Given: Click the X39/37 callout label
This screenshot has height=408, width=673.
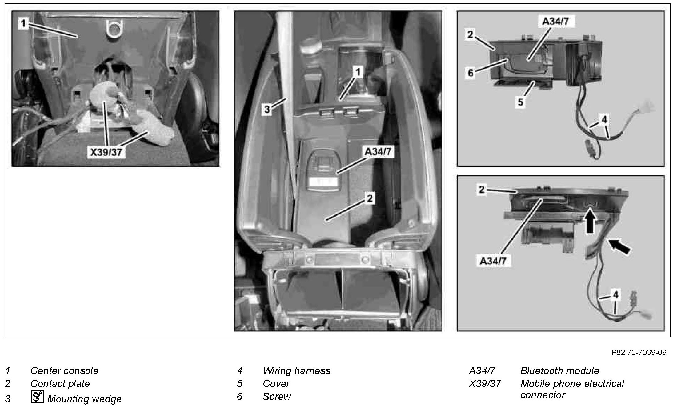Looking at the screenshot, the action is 106,152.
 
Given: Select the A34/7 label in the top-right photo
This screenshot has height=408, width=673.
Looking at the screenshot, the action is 556,22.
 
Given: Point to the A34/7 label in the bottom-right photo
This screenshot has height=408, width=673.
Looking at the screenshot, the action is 493,261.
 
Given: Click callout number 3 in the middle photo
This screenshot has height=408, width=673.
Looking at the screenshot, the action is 267,109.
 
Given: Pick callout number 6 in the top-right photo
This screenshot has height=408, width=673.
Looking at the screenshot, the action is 471,74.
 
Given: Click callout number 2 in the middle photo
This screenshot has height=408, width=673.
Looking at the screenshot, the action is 370,198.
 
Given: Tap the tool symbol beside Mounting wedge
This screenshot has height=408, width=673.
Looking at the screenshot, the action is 37,397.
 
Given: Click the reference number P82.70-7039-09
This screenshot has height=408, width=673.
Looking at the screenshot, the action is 639,352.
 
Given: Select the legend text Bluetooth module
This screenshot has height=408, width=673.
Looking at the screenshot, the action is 559,370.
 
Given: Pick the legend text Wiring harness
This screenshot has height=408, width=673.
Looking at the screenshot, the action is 296,371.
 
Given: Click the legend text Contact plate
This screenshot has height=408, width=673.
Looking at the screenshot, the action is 60,383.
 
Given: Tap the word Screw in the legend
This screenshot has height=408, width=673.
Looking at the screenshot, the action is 276,396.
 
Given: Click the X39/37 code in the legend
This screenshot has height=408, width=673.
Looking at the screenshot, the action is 485,383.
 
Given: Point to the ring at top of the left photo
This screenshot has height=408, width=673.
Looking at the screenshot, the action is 113,29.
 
